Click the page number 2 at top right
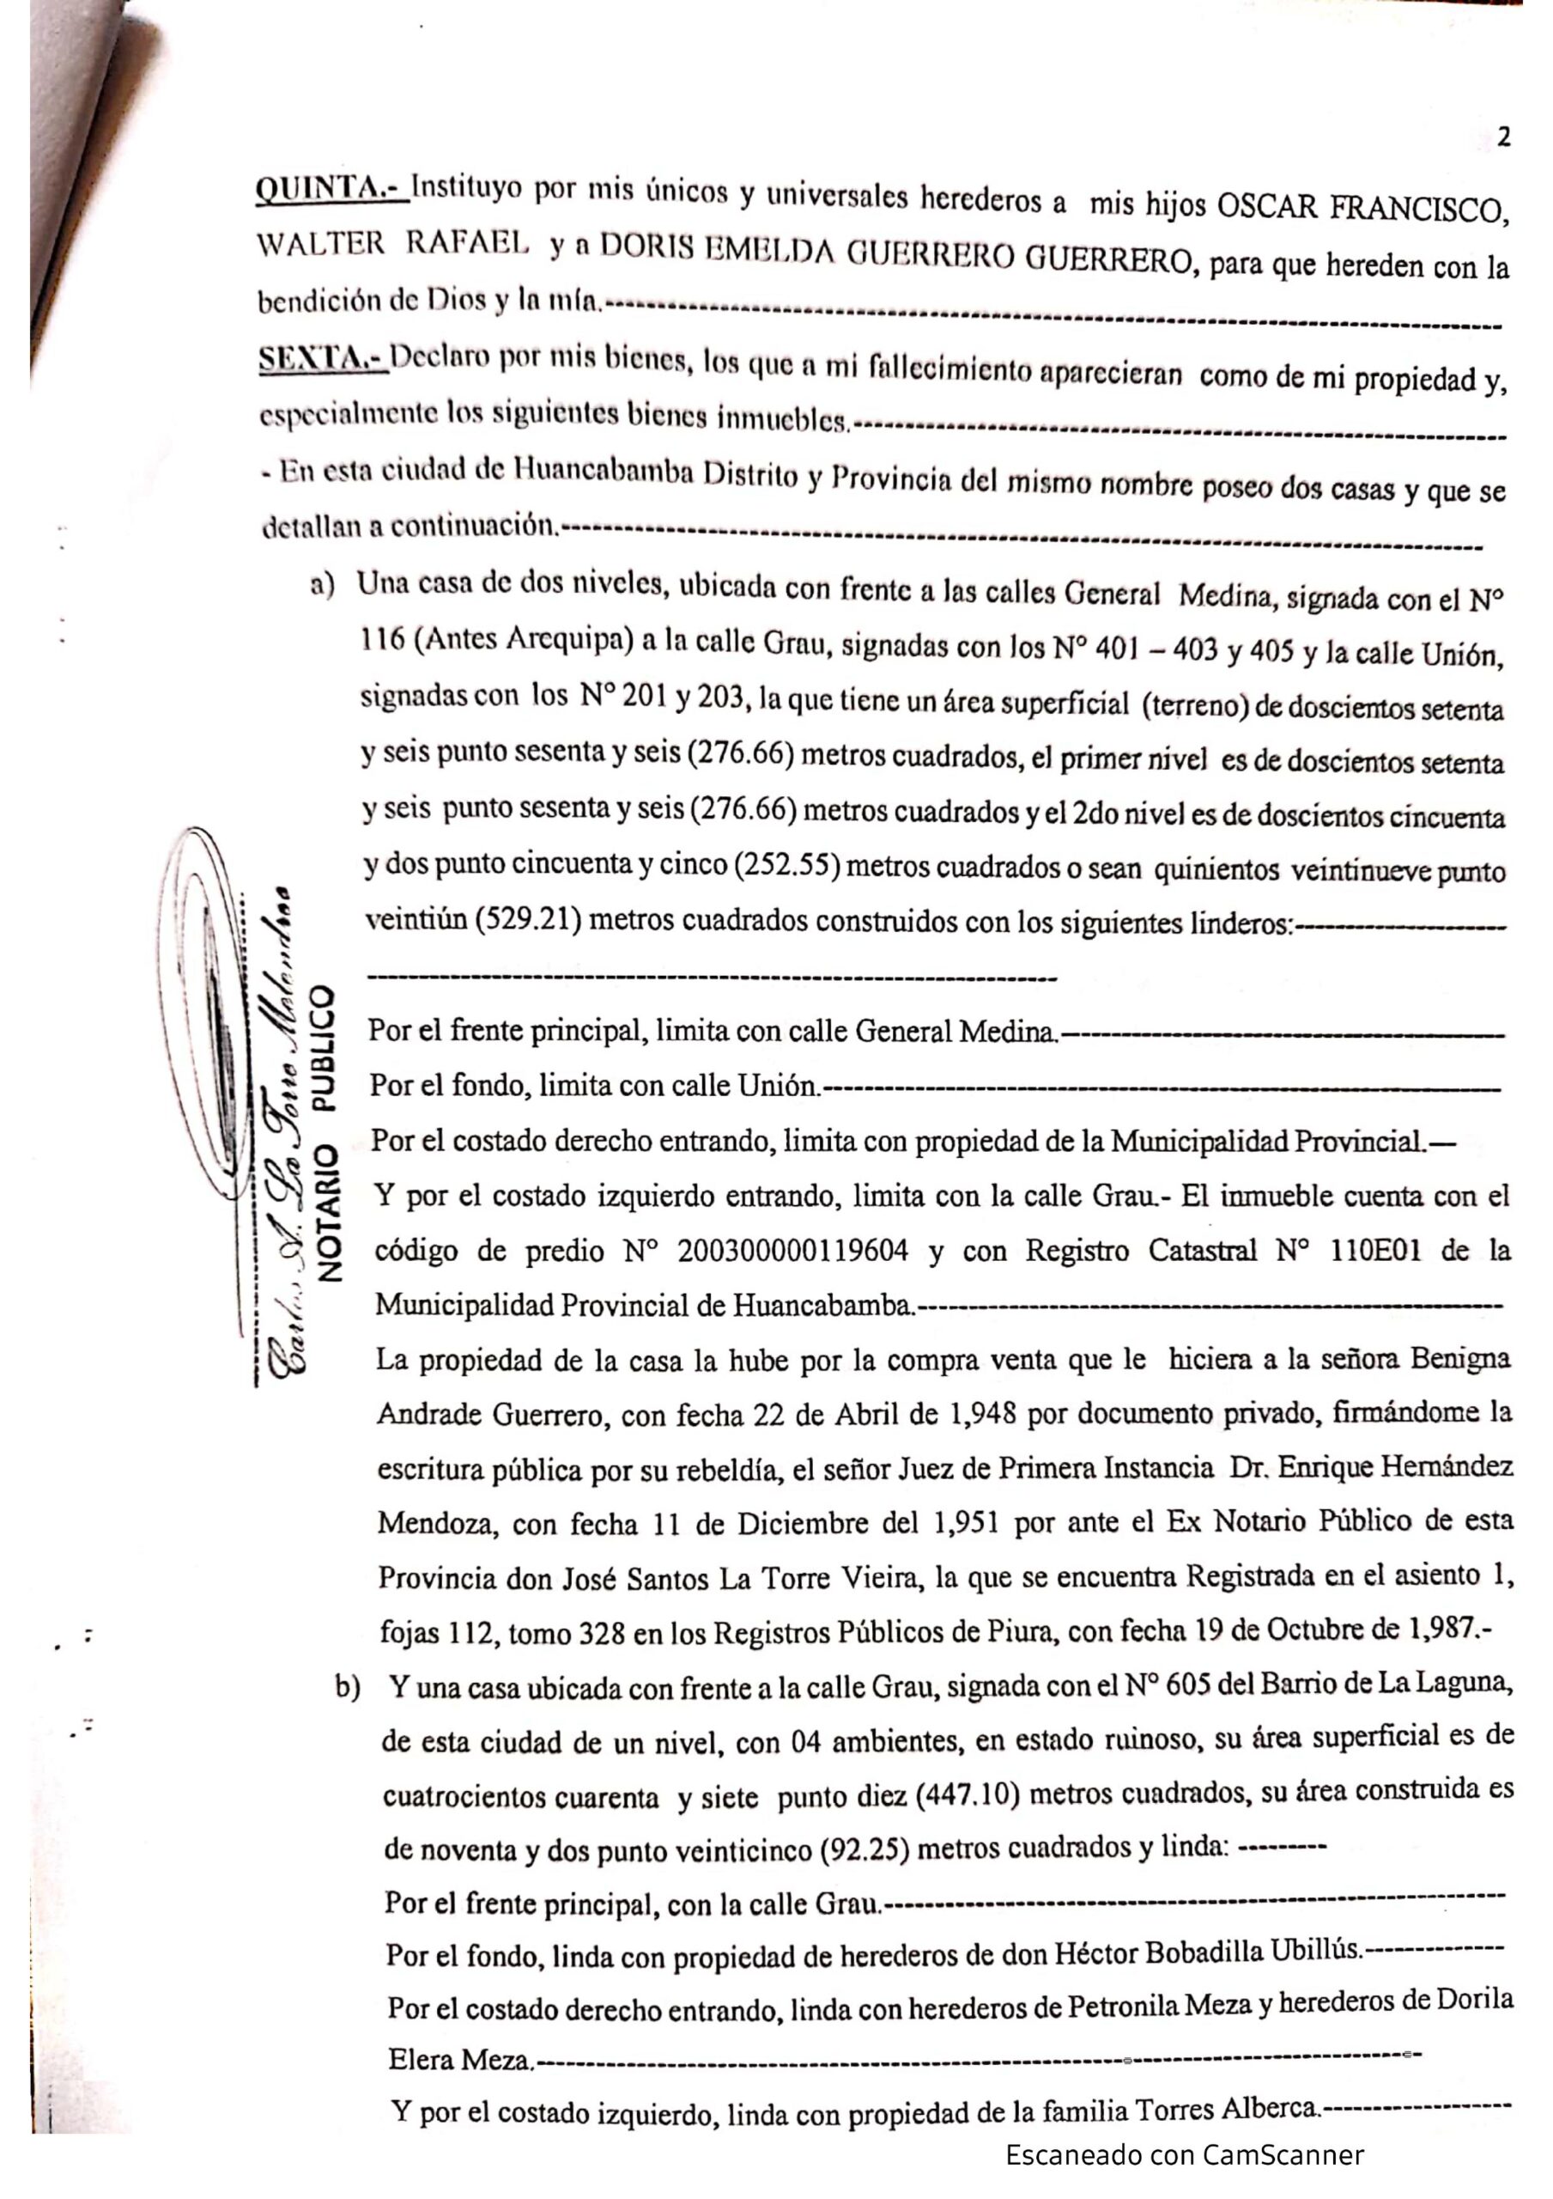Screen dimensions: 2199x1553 [x=1503, y=138]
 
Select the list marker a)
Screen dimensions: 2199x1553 [x=322, y=584]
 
